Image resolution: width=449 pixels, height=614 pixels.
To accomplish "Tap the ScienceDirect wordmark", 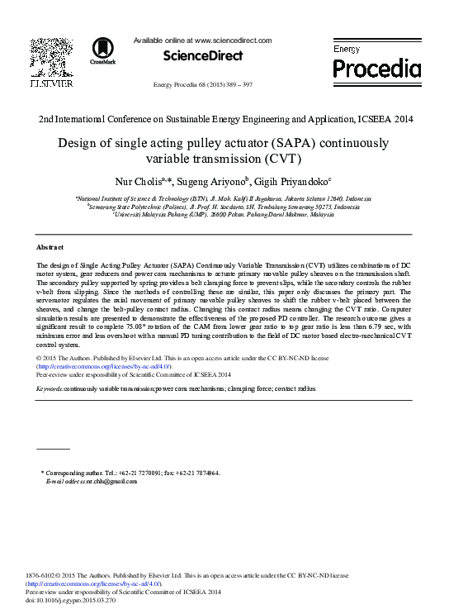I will (203, 56).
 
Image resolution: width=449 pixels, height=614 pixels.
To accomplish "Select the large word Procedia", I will (376, 68).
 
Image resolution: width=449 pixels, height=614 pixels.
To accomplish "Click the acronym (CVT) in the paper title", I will (282, 159).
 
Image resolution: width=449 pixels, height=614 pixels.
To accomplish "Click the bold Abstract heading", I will (51, 247).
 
